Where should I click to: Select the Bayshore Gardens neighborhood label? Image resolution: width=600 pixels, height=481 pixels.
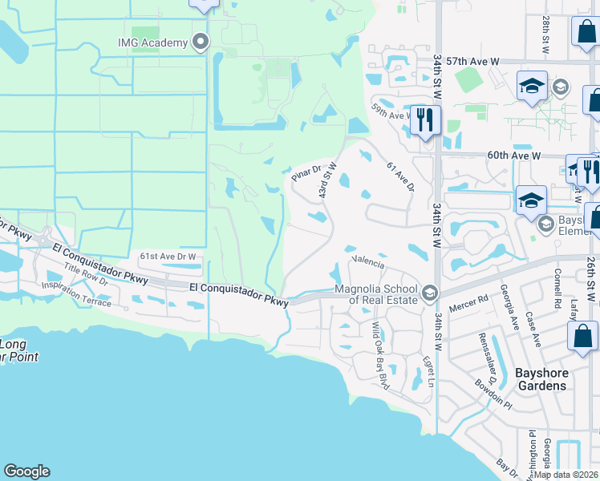click(530, 378)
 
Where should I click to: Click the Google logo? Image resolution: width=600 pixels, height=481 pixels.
click(26, 471)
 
